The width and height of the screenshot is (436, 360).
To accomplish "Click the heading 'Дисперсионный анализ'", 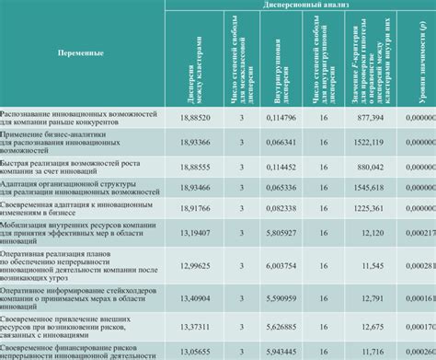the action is coord(300,5).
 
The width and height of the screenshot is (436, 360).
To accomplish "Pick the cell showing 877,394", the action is coord(367,116).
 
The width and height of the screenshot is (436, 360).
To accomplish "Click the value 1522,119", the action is coord(365,142).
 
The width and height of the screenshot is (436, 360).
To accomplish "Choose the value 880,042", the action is coord(367,168).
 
